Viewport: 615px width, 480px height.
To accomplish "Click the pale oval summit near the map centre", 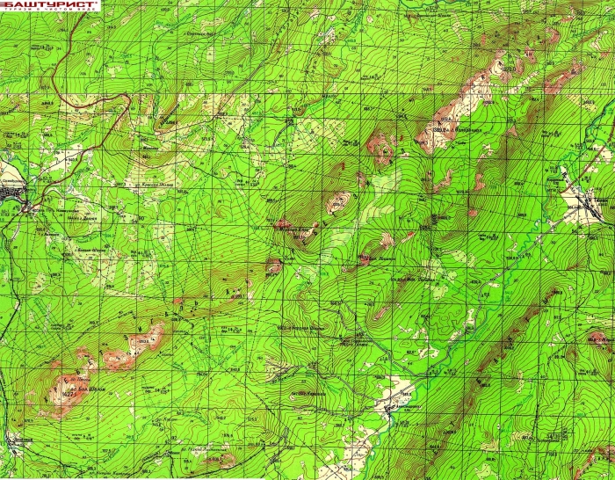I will click(337, 203).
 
